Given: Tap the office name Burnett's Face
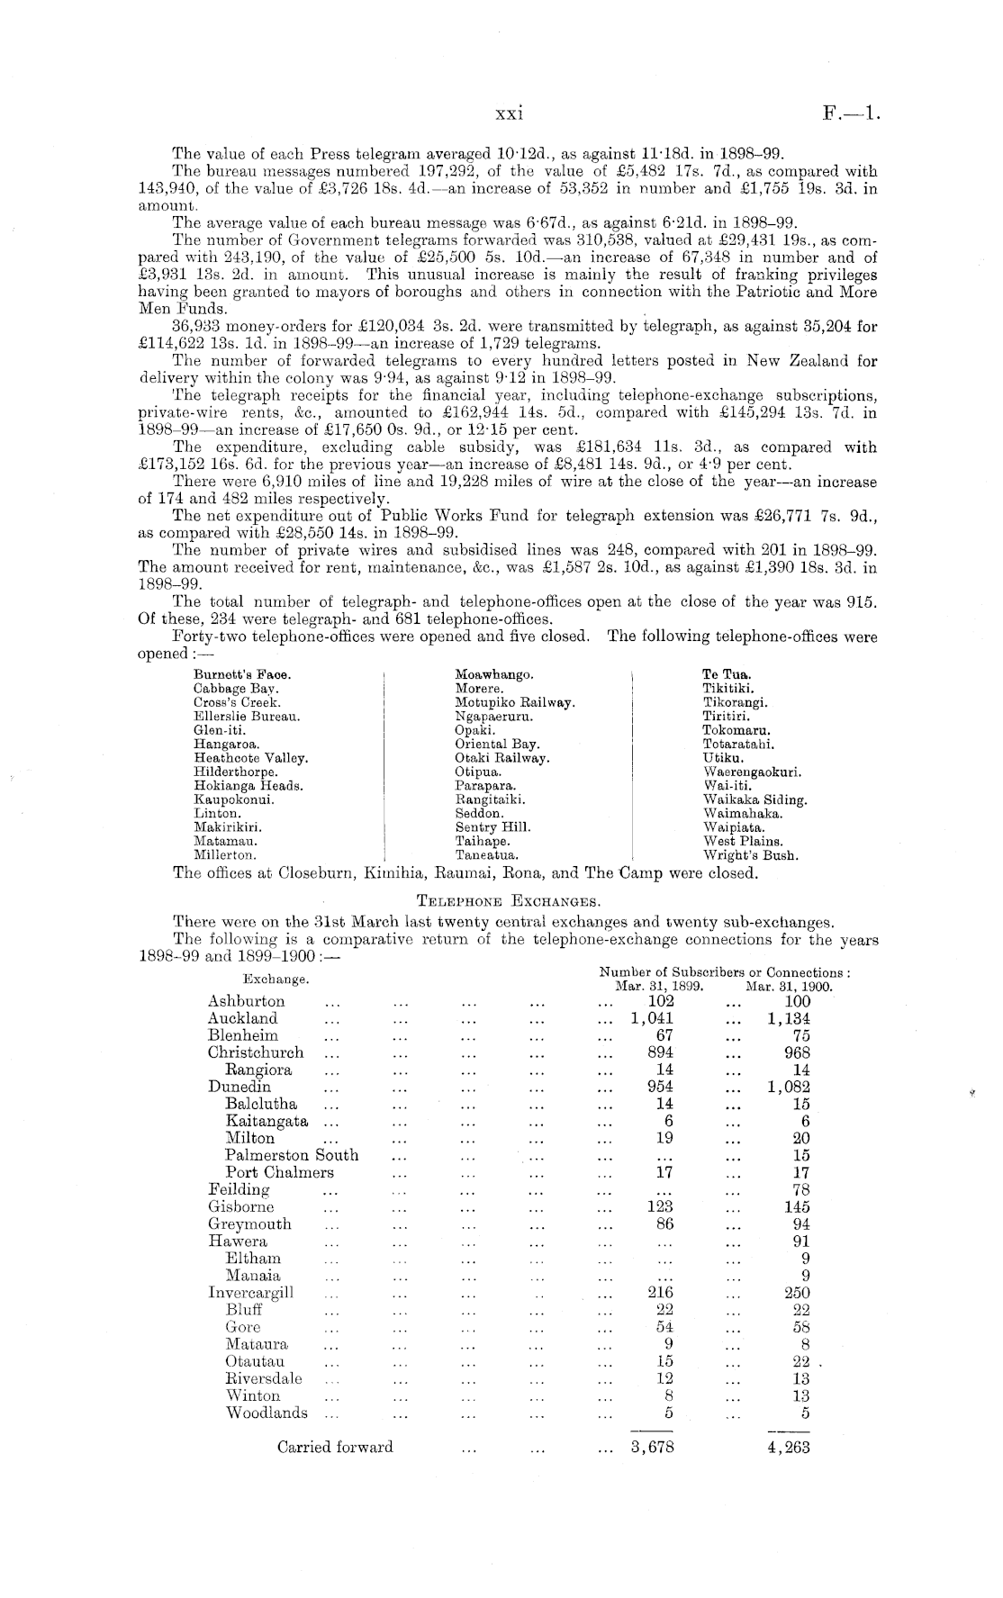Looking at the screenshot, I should click(242, 674).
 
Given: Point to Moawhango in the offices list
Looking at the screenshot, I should click(494, 674).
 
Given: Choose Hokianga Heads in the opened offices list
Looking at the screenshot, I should click(248, 786).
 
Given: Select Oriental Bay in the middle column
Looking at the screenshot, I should click(498, 745).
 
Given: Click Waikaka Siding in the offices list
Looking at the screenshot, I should click(755, 799).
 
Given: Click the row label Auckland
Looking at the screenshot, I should click(242, 1018).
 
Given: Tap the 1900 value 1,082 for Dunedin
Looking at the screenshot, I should click(789, 1087).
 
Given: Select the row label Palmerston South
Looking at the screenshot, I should click(292, 1155).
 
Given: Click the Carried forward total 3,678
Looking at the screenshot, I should click(652, 1448).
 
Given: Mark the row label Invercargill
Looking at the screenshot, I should click(251, 1293).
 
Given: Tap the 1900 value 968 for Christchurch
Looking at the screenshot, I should click(797, 1052).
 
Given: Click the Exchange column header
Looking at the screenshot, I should click(276, 979).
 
